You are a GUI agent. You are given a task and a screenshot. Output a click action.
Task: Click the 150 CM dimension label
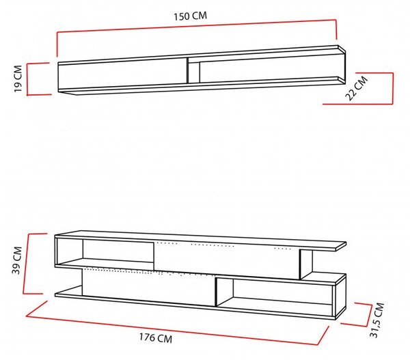(x=191, y=16)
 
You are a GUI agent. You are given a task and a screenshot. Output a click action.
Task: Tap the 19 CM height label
(x=18, y=79)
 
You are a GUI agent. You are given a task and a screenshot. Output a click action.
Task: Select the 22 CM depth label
(x=357, y=88)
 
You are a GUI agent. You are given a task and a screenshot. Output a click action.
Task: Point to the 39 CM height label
(x=17, y=260)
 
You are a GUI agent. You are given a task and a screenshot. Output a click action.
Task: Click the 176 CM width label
(x=156, y=337)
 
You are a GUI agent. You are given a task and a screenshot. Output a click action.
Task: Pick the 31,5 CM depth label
(x=377, y=320)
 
